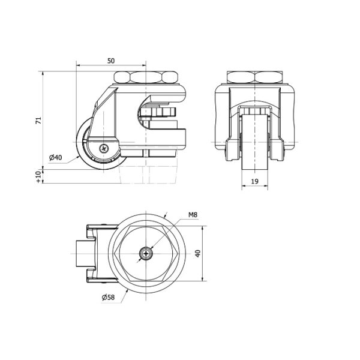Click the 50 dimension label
(111, 61)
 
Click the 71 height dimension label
(39, 121)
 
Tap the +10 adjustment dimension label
(39, 177)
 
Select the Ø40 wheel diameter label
(56, 157)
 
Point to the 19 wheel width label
(254, 182)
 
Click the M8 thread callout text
(193, 215)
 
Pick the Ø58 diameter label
(108, 298)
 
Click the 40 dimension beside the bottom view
(197, 253)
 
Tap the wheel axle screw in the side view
(104, 149)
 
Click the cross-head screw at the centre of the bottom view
(146, 253)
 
